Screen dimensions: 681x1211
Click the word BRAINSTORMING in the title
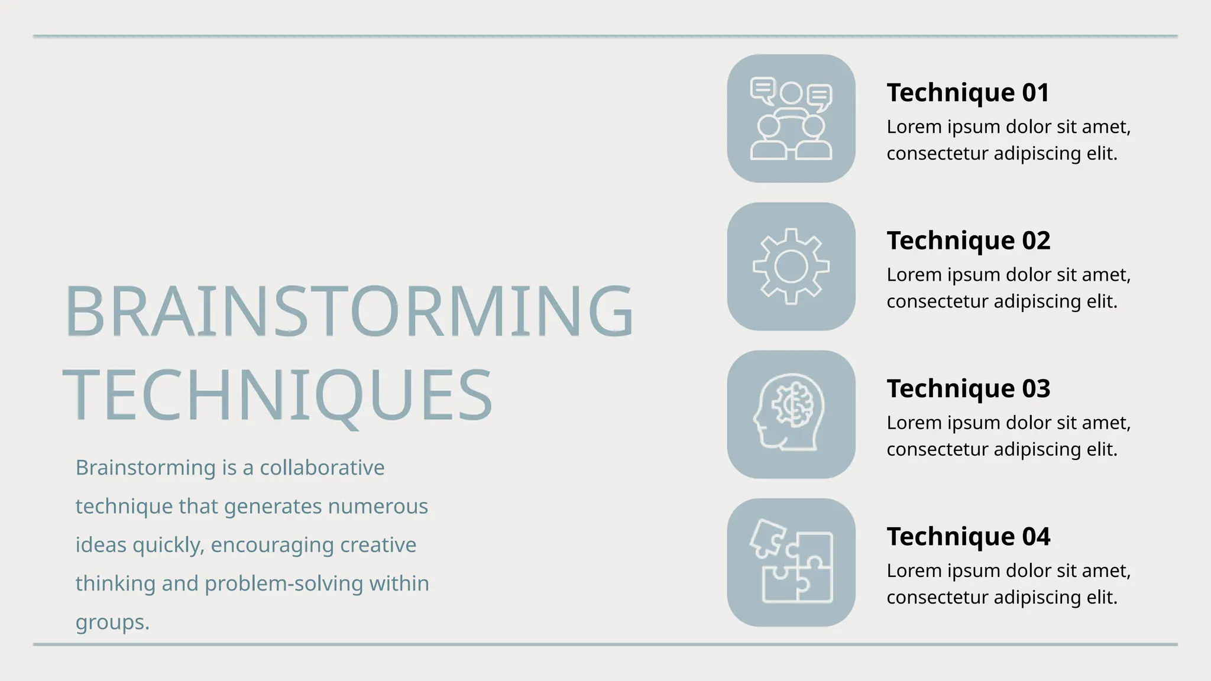349,311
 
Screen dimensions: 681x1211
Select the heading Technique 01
968,93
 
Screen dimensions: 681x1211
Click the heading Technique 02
968,241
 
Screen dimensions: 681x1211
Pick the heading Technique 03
968,388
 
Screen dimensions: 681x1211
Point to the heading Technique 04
968,536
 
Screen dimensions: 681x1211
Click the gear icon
791,267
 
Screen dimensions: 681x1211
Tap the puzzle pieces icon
791,562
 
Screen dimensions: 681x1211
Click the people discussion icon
791,119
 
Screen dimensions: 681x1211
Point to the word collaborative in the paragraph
322,468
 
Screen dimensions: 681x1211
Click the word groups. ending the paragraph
112,622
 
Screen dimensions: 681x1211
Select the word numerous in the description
377,507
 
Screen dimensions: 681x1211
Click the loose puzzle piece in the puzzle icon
768,537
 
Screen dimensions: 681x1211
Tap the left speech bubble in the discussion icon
762,90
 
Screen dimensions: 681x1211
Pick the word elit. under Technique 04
1102,597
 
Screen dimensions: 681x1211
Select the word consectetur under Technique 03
937,449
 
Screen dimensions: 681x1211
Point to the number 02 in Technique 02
1035,241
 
